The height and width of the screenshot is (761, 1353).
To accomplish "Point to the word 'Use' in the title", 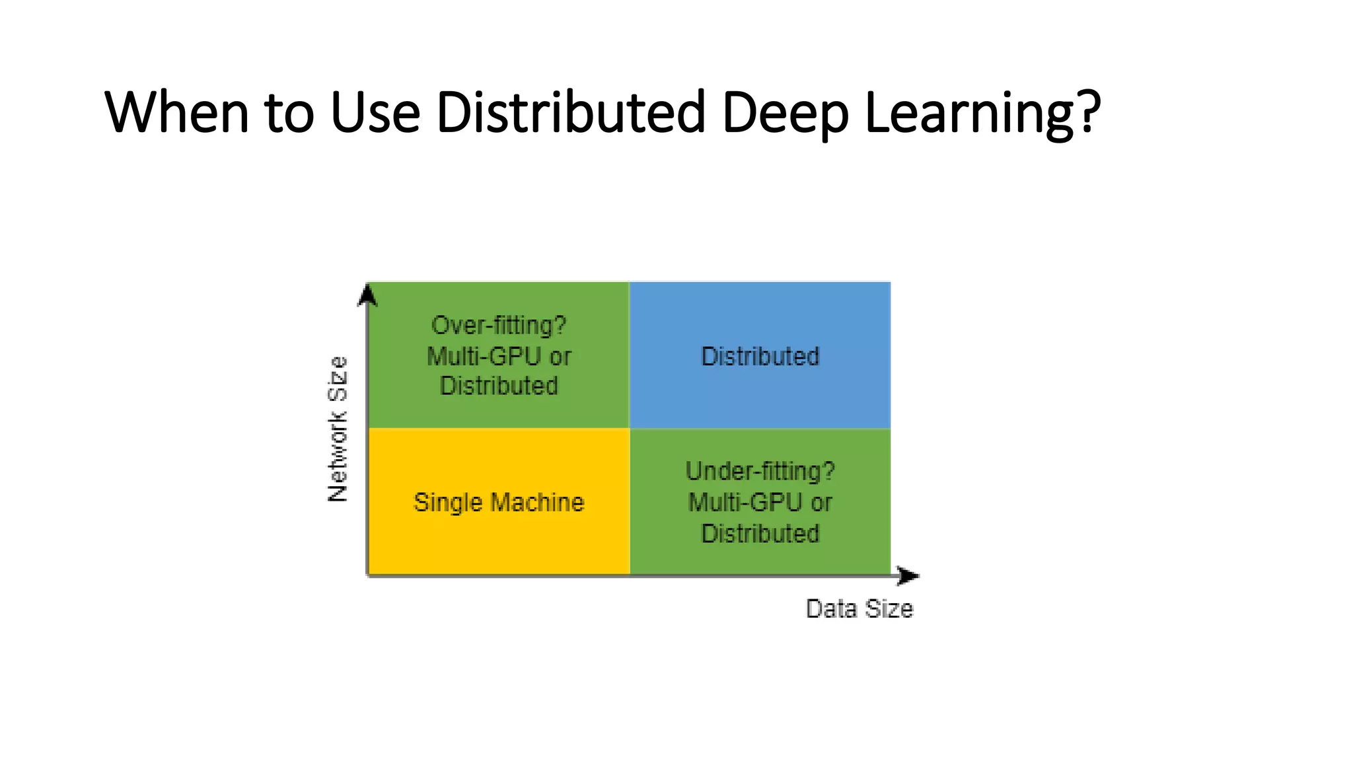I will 375,112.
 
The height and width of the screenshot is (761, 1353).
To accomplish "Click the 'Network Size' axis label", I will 338,429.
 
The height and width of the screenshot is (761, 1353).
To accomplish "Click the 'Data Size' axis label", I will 859,608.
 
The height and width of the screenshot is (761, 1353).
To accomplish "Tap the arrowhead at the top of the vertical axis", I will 367,295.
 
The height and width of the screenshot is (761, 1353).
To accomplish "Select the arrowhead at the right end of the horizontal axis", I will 908,575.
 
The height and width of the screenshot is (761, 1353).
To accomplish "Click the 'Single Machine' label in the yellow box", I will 499,503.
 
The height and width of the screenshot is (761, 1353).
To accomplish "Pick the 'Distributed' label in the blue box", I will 760,357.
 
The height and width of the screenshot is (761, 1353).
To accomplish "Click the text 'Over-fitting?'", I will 499,326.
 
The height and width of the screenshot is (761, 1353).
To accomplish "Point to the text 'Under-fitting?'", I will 760,472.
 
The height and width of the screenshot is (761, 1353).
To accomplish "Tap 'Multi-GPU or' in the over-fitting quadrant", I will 499,357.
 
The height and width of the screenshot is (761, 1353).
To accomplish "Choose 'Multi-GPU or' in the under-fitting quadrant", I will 760,503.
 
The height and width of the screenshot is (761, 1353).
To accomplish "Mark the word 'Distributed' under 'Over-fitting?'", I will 499,386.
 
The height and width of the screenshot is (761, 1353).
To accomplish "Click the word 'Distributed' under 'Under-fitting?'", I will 760,533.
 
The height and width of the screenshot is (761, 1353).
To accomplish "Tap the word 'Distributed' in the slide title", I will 571,112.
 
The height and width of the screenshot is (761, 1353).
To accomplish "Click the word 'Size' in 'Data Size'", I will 889,608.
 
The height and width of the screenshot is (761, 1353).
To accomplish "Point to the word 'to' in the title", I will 289,112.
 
